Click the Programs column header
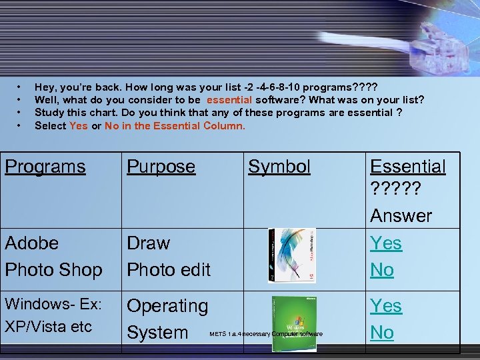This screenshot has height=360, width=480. pyautogui.click(x=45, y=167)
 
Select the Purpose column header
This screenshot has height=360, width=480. pyautogui.click(x=161, y=167)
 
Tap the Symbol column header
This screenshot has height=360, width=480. pyautogui.click(x=279, y=167)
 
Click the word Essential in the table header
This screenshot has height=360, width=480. pyautogui.click(x=407, y=167)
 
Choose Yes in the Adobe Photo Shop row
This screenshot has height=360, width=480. pyautogui.click(x=386, y=243)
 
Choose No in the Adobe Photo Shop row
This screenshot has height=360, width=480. pyautogui.click(x=382, y=270)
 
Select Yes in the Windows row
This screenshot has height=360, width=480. pyautogui.click(x=386, y=306)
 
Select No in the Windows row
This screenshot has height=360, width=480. pyautogui.click(x=382, y=332)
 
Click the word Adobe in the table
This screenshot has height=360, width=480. pyautogui.click(x=31, y=243)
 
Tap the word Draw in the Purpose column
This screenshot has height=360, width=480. pyautogui.click(x=148, y=243)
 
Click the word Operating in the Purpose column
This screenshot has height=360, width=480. pyautogui.click(x=167, y=307)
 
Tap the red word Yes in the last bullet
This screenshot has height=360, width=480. pyautogui.click(x=78, y=125)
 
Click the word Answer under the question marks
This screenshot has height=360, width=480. pyautogui.click(x=401, y=216)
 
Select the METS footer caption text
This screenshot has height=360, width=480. pyautogui.click(x=265, y=334)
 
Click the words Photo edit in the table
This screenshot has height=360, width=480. pyautogui.click(x=168, y=270)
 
